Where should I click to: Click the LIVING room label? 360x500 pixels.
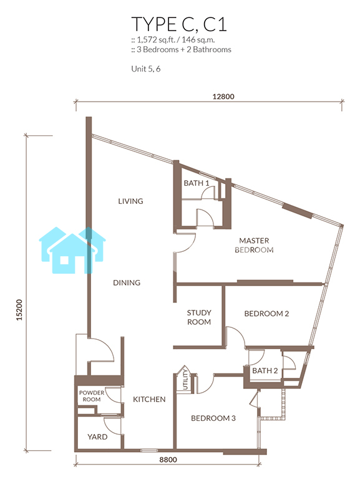coord(130,201)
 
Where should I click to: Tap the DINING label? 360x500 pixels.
coord(127,282)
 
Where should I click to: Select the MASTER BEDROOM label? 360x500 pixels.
coord(254,245)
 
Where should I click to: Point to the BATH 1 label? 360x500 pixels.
coord(197,183)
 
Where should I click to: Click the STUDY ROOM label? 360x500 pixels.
coord(199,317)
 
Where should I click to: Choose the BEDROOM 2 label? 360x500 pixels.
coord(266,314)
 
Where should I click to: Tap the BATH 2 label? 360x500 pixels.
coord(265,370)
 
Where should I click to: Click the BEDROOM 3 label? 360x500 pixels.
coord(213,418)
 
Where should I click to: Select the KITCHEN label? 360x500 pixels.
coord(149,399)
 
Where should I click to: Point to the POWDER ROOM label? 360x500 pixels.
coord(92,396)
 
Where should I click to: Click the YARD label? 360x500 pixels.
coord(97,437)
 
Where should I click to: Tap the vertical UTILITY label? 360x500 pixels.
coord(185,379)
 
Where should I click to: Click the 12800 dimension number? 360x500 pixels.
coord(223,96)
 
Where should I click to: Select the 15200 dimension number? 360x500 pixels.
coord(19,310)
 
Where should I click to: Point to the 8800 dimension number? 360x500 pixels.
coord(168,459)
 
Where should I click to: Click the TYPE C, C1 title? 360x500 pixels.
coord(179,24)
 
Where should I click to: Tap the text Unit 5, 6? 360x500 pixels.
coord(146,69)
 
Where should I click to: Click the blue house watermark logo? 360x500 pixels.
coord(72,250)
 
